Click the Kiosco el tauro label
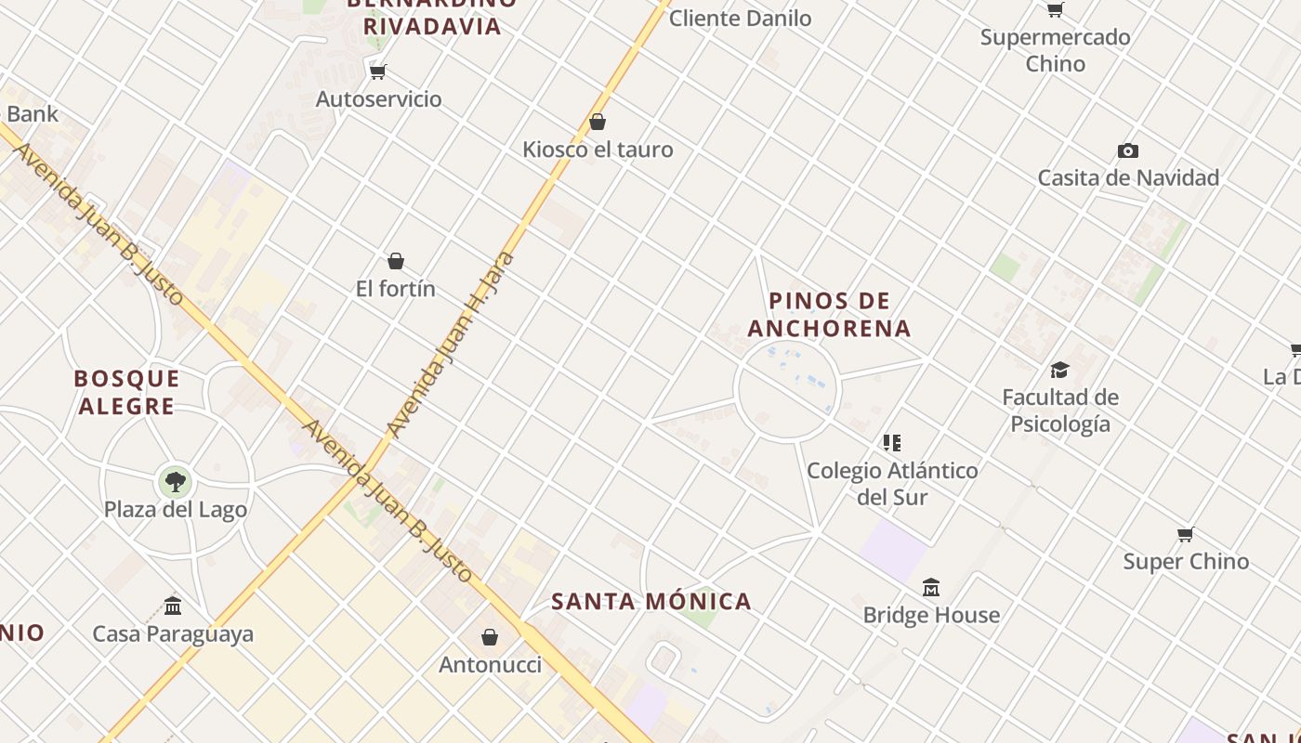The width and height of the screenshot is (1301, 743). click(x=598, y=150)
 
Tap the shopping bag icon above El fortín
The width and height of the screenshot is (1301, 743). click(x=396, y=261)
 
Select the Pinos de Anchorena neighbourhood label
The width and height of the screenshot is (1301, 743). click(x=829, y=315)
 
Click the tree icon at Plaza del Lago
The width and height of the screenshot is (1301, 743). click(x=175, y=481)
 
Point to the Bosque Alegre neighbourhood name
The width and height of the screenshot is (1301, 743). click(x=126, y=392)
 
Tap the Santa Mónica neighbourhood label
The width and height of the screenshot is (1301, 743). click(x=651, y=601)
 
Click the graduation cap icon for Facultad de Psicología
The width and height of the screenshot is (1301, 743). click(x=1059, y=371)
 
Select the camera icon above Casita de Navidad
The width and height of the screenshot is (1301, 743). click(x=1128, y=150)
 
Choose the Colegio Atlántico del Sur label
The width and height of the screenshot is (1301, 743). click(x=892, y=483)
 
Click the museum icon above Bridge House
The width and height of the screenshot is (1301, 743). click(x=931, y=587)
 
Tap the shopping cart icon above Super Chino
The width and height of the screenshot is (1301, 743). click(x=1185, y=534)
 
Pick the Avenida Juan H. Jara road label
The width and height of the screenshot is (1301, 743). click(x=451, y=345)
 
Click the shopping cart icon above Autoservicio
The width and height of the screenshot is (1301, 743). click(x=377, y=72)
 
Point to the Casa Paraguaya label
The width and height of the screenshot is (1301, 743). click(x=173, y=634)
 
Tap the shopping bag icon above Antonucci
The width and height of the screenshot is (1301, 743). click(x=490, y=637)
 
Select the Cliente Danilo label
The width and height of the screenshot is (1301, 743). click(x=740, y=18)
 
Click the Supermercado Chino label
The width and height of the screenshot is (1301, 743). click(x=1056, y=50)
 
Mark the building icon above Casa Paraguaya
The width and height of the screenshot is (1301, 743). click(x=173, y=606)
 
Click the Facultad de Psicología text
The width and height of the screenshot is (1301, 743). click(x=1060, y=411)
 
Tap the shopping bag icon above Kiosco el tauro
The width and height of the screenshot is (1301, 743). click(x=598, y=122)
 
